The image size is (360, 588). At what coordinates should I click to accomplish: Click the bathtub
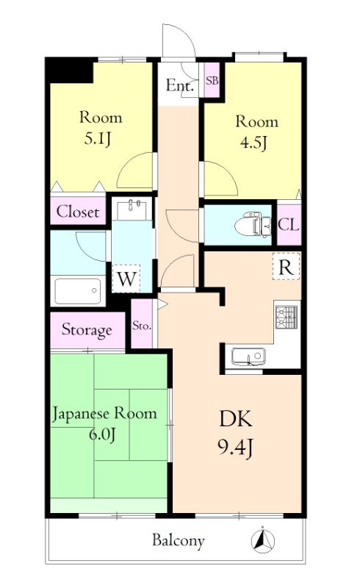coord(77,291)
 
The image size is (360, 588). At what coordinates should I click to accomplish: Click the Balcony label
coord(178,541)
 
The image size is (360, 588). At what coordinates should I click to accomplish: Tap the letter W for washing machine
coord(126,279)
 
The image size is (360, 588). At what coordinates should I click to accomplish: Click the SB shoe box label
coord(212,80)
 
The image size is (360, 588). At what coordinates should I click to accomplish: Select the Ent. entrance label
coord(180,85)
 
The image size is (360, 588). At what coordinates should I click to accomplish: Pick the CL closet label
coord(288,225)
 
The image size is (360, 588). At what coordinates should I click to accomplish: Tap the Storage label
coord(87,329)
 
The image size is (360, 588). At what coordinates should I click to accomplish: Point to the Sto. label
coord(142,325)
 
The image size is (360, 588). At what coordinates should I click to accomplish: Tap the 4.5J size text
coord(251,143)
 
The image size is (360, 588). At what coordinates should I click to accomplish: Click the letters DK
coord(237,420)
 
